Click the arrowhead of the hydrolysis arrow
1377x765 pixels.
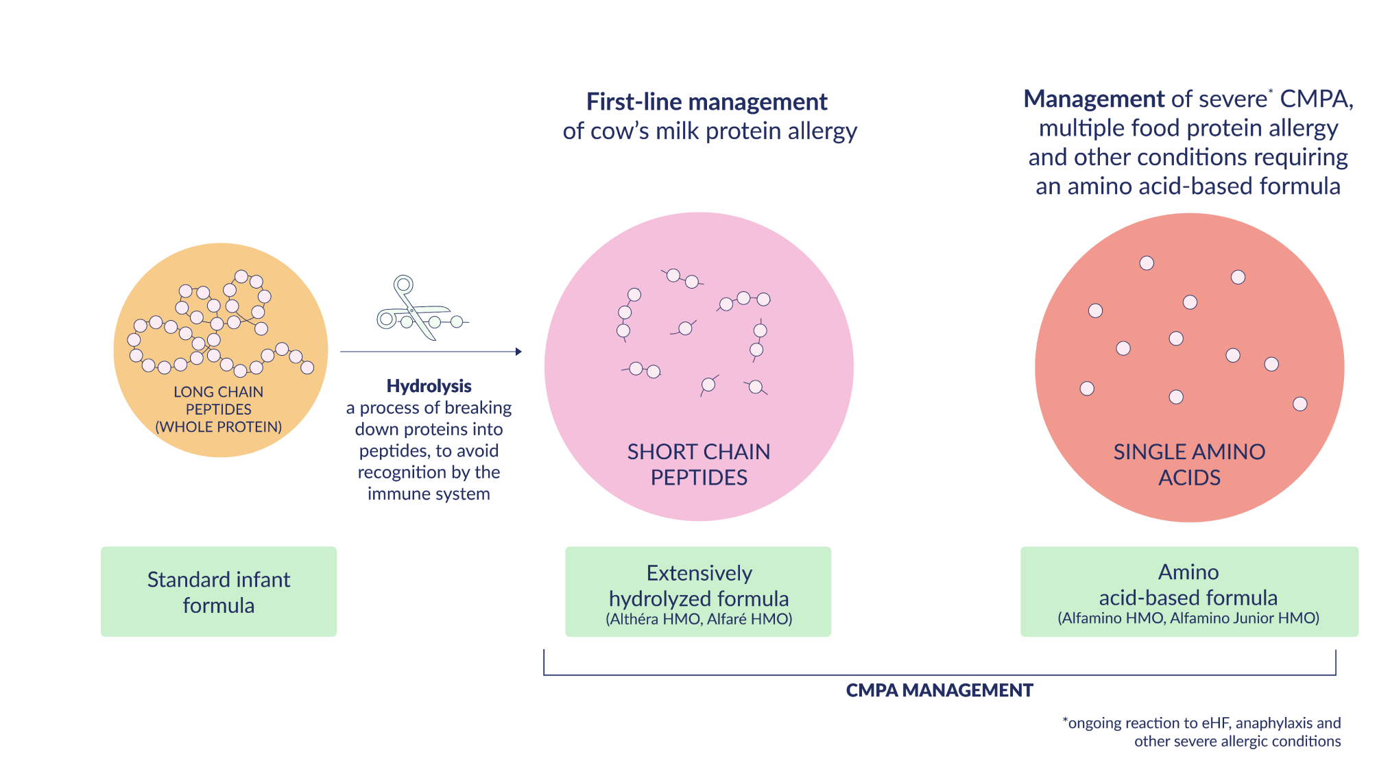[519, 352]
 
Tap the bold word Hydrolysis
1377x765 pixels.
[429, 386]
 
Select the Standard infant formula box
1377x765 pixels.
[219, 592]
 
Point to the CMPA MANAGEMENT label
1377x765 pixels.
[939, 690]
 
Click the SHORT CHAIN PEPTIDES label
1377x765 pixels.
[699, 464]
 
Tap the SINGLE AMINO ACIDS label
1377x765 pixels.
[1189, 464]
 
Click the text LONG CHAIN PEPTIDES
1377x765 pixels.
[219, 400]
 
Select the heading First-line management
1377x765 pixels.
[706, 102]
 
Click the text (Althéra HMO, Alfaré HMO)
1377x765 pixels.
[699, 619]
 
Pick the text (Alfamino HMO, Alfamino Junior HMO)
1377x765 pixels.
[1188, 618]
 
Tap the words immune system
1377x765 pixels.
[429, 494]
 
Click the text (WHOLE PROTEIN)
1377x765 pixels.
[219, 427]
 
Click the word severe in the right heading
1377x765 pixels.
[1232, 99]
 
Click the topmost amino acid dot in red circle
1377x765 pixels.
[1147, 263]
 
